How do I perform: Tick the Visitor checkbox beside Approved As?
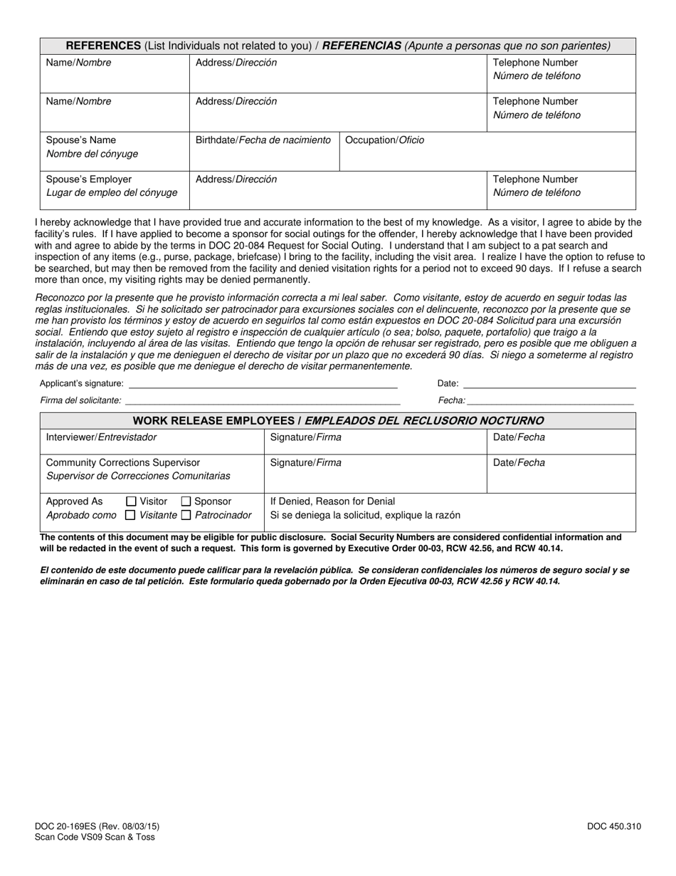click(131, 501)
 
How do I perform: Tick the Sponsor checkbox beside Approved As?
click(186, 501)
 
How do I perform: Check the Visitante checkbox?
click(130, 515)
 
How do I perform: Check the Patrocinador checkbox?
click(186, 515)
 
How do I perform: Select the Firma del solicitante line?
click(263, 402)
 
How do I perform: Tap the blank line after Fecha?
click(550, 402)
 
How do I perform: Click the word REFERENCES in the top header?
click(103, 46)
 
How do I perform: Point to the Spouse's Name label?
click(81, 140)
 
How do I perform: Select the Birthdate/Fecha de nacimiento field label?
click(263, 140)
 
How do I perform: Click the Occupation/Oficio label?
click(384, 140)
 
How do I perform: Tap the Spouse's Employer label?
click(89, 179)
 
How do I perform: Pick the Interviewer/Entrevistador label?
click(101, 437)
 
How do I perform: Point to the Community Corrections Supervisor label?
click(123, 463)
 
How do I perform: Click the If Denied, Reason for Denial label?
click(332, 501)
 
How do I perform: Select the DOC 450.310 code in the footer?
click(614, 827)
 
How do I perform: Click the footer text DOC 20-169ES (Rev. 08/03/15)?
click(97, 827)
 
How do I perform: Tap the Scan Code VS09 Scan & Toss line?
click(94, 838)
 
